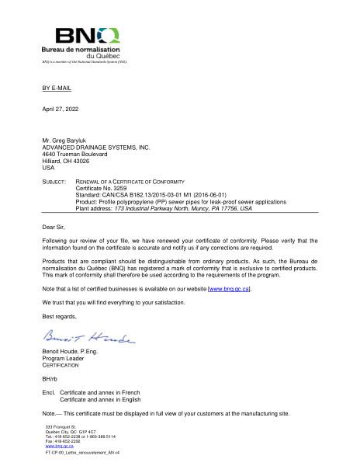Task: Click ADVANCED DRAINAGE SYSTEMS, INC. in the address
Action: [x=95, y=147]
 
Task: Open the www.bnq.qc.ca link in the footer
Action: [x=55, y=447]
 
